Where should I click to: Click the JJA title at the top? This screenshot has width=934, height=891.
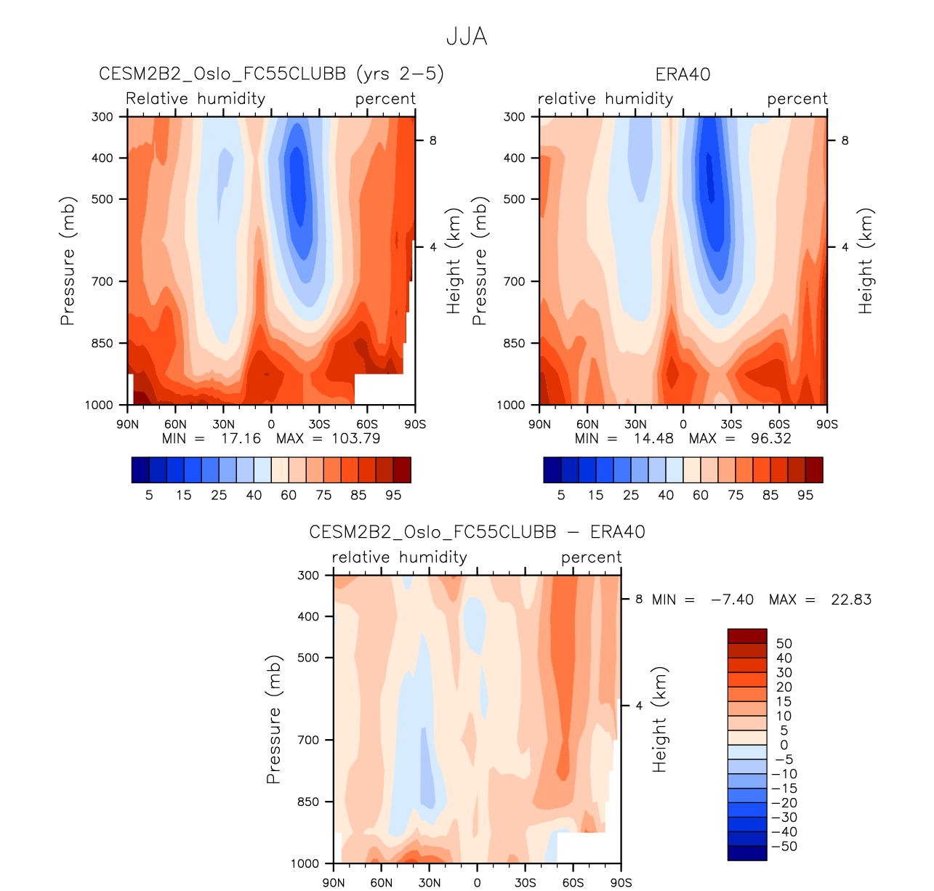click(467, 37)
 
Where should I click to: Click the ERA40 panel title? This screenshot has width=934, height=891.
click(683, 75)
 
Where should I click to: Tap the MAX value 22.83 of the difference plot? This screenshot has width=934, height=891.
click(851, 600)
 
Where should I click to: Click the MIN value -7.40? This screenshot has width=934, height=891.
click(732, 600)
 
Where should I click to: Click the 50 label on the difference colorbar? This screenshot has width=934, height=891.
click(784, 644)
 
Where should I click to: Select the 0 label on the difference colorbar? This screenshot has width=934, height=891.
click(784, 745)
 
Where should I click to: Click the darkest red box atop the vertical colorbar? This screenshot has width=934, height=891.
click(747, 636)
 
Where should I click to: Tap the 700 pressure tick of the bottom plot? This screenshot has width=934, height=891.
click(309, 740)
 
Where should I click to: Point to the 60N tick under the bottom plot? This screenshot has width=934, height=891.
click(382, 883)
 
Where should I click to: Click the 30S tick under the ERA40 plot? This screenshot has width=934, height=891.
click(731, 424)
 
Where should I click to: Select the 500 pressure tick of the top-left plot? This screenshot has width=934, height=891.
click(102, 199)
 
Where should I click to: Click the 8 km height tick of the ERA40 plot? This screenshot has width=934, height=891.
click(845, 140)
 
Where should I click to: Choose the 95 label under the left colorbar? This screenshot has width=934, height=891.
click(393, 495)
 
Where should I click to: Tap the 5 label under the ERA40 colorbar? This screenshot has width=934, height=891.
click(561, 495)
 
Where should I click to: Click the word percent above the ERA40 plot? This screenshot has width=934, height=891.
click(797, 99)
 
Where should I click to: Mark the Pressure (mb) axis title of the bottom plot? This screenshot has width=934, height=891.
click(273, 719)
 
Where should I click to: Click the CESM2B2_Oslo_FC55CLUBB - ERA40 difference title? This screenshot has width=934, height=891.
click(477, 533)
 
